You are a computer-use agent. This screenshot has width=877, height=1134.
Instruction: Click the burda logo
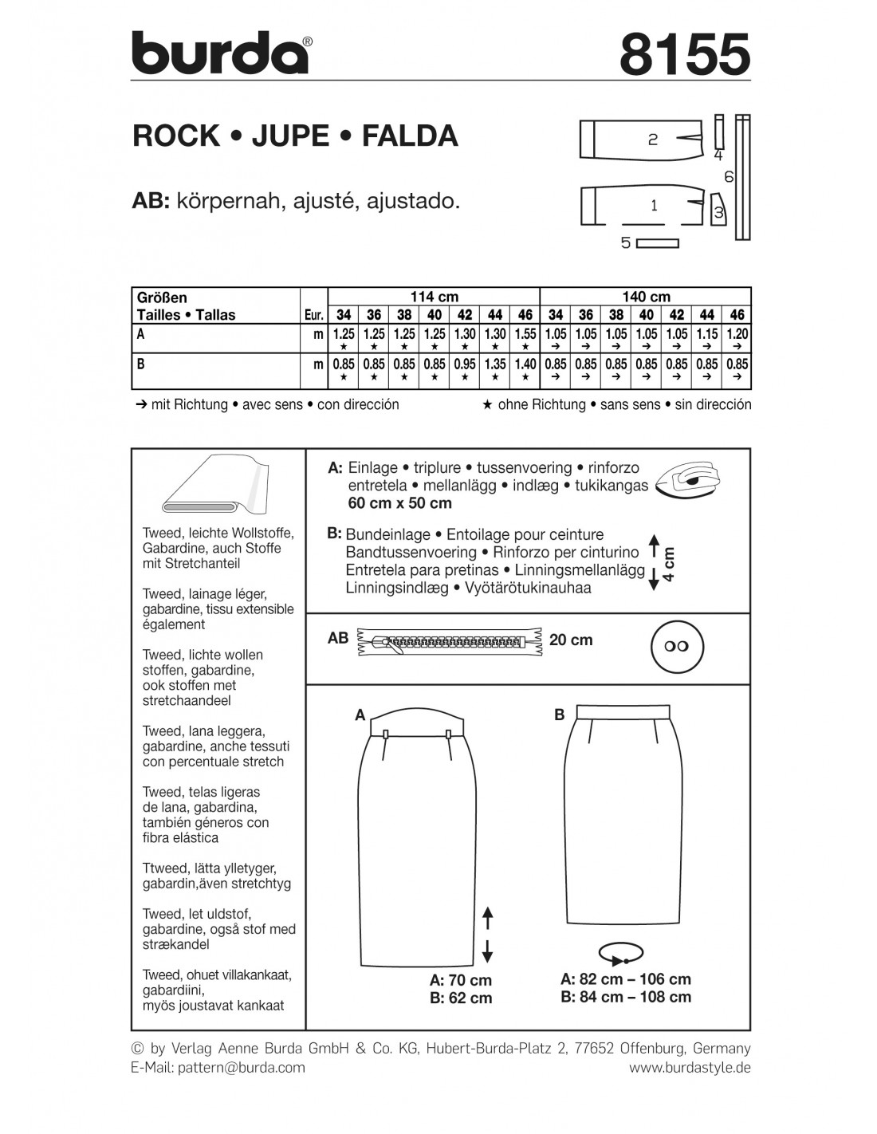pos(219,54)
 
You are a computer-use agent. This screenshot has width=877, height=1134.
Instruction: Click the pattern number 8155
pos(684,54)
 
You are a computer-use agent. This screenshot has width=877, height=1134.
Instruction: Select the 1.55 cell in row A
pos(525,335)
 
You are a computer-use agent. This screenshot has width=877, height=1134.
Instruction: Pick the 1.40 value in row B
pos(525,364)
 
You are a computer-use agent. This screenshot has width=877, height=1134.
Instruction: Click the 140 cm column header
pos(646,297)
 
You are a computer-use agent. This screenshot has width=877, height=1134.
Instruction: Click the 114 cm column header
pos(435,297)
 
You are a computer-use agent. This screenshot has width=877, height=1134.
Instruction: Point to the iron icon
pos(687,482)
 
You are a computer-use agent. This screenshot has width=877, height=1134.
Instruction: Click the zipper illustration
pos(450,640)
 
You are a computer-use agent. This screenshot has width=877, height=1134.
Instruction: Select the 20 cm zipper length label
pos(571,640)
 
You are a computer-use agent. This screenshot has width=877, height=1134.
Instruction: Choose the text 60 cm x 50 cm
pos(399,503)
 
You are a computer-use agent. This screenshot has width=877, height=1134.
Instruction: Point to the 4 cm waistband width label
pos(669,562)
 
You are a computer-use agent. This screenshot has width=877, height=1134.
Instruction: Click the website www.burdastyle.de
pos(690,1067)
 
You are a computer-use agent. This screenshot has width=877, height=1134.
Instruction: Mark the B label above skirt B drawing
pos(560,715)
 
